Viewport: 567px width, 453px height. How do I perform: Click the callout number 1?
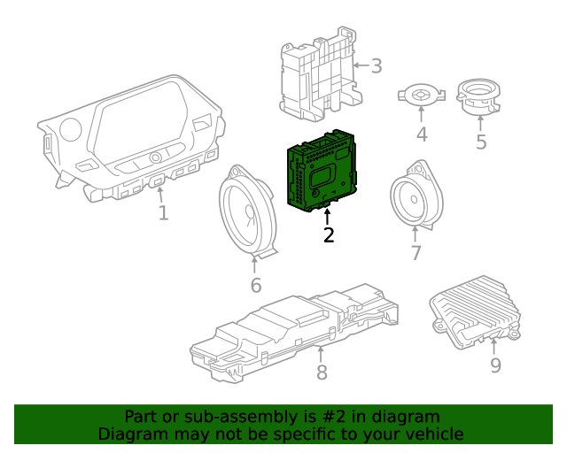[x=163, y=213]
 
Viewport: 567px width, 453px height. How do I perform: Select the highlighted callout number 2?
[x=329, y=234]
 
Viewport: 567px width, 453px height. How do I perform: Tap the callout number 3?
[x=376, y=65]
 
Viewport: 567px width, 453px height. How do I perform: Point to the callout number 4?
[x=422, y=134]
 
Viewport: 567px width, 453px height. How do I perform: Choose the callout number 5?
[x=481, y=142]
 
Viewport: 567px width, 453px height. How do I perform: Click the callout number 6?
[x=255, y=285]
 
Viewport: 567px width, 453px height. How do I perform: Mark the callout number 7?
[x=416, y=253]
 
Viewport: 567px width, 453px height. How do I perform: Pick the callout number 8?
[x=322, y=372]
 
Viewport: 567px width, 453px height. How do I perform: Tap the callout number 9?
[x=495, y=365]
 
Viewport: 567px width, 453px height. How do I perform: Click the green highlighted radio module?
[x=321, y=173]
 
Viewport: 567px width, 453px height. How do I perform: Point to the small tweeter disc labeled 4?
[x=421, y=94]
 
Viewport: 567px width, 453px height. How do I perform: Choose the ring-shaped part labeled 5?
[x=479, y=96]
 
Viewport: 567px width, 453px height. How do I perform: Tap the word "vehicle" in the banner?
[x=431, y=434]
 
